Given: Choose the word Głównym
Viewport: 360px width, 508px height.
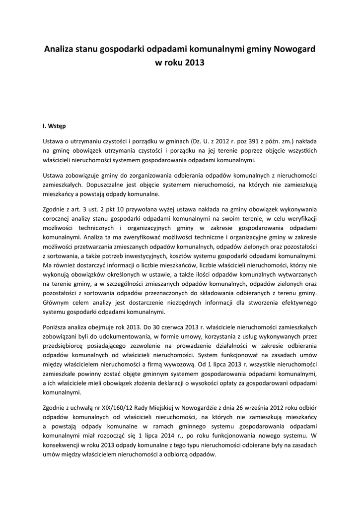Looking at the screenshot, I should pyautogui.click(x=56, y=303).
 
